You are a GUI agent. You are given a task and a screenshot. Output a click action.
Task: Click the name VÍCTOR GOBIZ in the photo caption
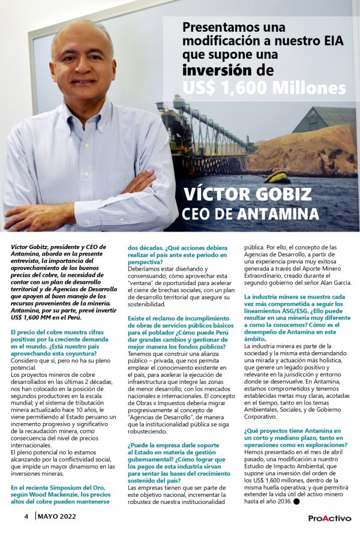coord(248,194)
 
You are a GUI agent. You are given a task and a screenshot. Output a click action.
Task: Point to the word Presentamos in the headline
coord(218,27)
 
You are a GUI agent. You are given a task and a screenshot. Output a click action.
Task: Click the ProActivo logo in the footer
coord(329,518)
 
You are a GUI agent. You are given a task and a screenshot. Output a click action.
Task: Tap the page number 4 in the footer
coord(26,516)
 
